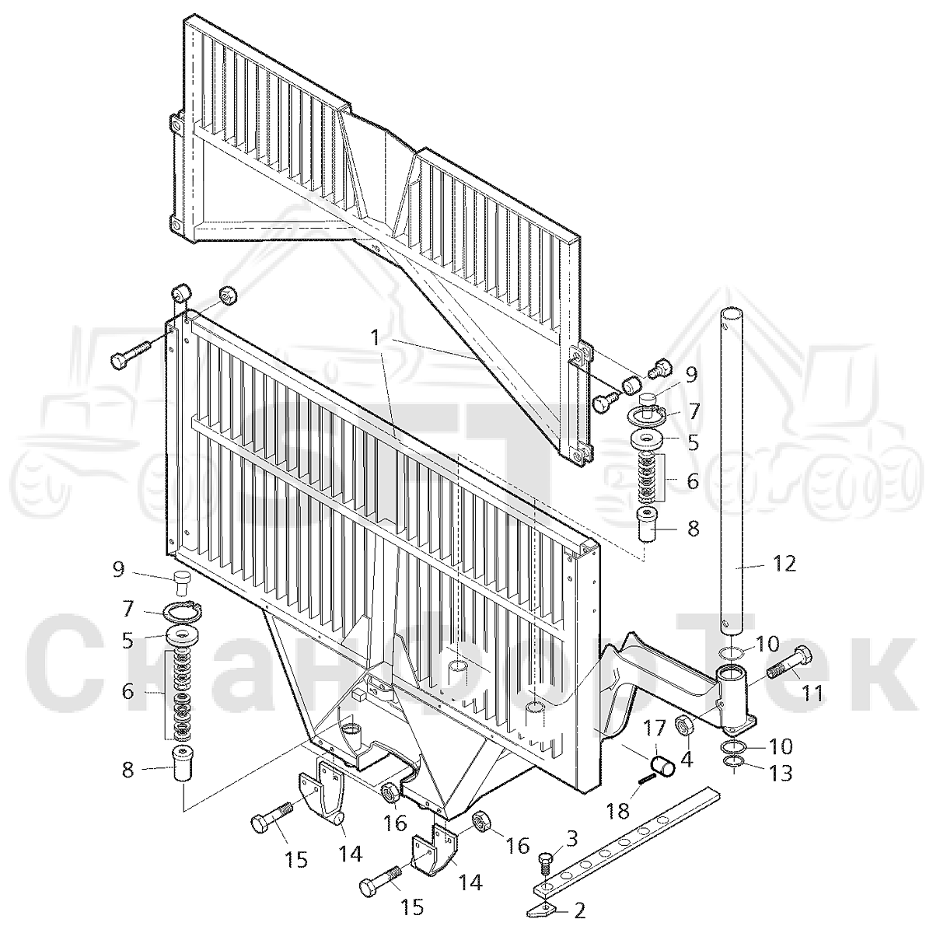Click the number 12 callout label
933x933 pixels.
click(x=784, y=563)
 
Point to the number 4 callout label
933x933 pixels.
click(x=686, y=759)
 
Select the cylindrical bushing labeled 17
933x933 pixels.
click(x=663, y=768)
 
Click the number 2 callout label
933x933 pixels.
click(x=579, y=910)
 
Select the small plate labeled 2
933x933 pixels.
click(x=542, y=908)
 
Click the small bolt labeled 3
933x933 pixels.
click(x=546, y=865)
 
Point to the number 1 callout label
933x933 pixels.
click(x=376, y=337)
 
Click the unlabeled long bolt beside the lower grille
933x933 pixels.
click(x=131, y=355)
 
